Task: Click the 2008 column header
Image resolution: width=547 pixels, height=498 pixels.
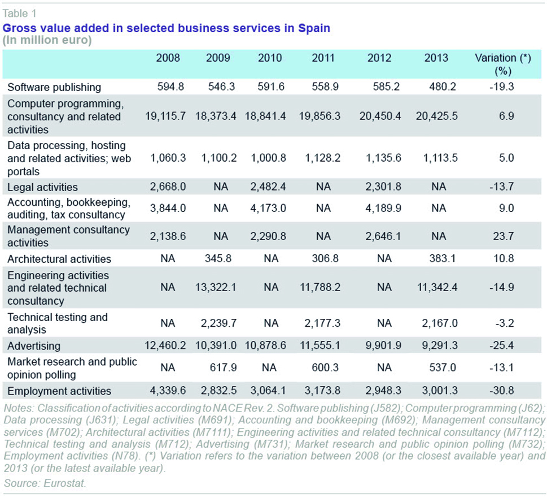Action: pyautogui.click(x=168, y=58)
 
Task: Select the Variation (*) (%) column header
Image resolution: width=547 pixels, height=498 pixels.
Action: pyautogui.click(x=503, y=64)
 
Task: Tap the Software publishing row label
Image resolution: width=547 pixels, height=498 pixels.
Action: pyautogui.click(x=54, y=87)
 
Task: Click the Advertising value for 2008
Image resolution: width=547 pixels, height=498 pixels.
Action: pyautogui.click(x=165, y=345)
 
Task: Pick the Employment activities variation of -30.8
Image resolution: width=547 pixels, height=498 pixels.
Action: pyautogui.click(x=501, y=390)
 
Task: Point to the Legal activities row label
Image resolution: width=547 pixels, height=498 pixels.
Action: pyautogui.click(x=42, y=187)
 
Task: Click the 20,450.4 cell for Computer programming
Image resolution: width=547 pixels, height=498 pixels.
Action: pyautogui.click(x=380, y=116)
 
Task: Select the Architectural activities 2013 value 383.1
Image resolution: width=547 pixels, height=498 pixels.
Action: pyautogui.click(x=443, y=258)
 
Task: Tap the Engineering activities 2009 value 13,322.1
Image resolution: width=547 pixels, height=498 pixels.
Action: pyautogui.click(x=216, y=287)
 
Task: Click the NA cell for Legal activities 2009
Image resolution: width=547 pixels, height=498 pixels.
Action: pyautogui.click(x=221, y=187)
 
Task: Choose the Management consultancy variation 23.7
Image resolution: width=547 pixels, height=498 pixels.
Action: pyautogui.click(x=503, y=236)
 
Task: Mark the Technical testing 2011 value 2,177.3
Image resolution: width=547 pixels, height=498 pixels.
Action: pyautogui.click(x=322, y=323)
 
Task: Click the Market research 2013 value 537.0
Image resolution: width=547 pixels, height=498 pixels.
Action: pyautogui.click(x=443, y=367)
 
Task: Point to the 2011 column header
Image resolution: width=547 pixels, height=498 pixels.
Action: pyautogui.click(x=323, y=58)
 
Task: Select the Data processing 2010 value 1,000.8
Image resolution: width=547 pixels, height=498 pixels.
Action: pyautogui.click(x=268, y=158)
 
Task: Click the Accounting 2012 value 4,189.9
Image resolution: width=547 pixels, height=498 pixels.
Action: pyautogui.click(x=383, y=208)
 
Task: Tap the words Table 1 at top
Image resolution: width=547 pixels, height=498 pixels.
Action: pyautogui.click(x=20, y=13)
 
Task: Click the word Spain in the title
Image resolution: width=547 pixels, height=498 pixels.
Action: pyautogui.click(x=314, y=28)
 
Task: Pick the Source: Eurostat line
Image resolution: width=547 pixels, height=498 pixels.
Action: pyautogui.click(x=45, y=483)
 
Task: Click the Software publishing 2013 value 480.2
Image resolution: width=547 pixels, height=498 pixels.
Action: pyautogui.click(x=443, y=86)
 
